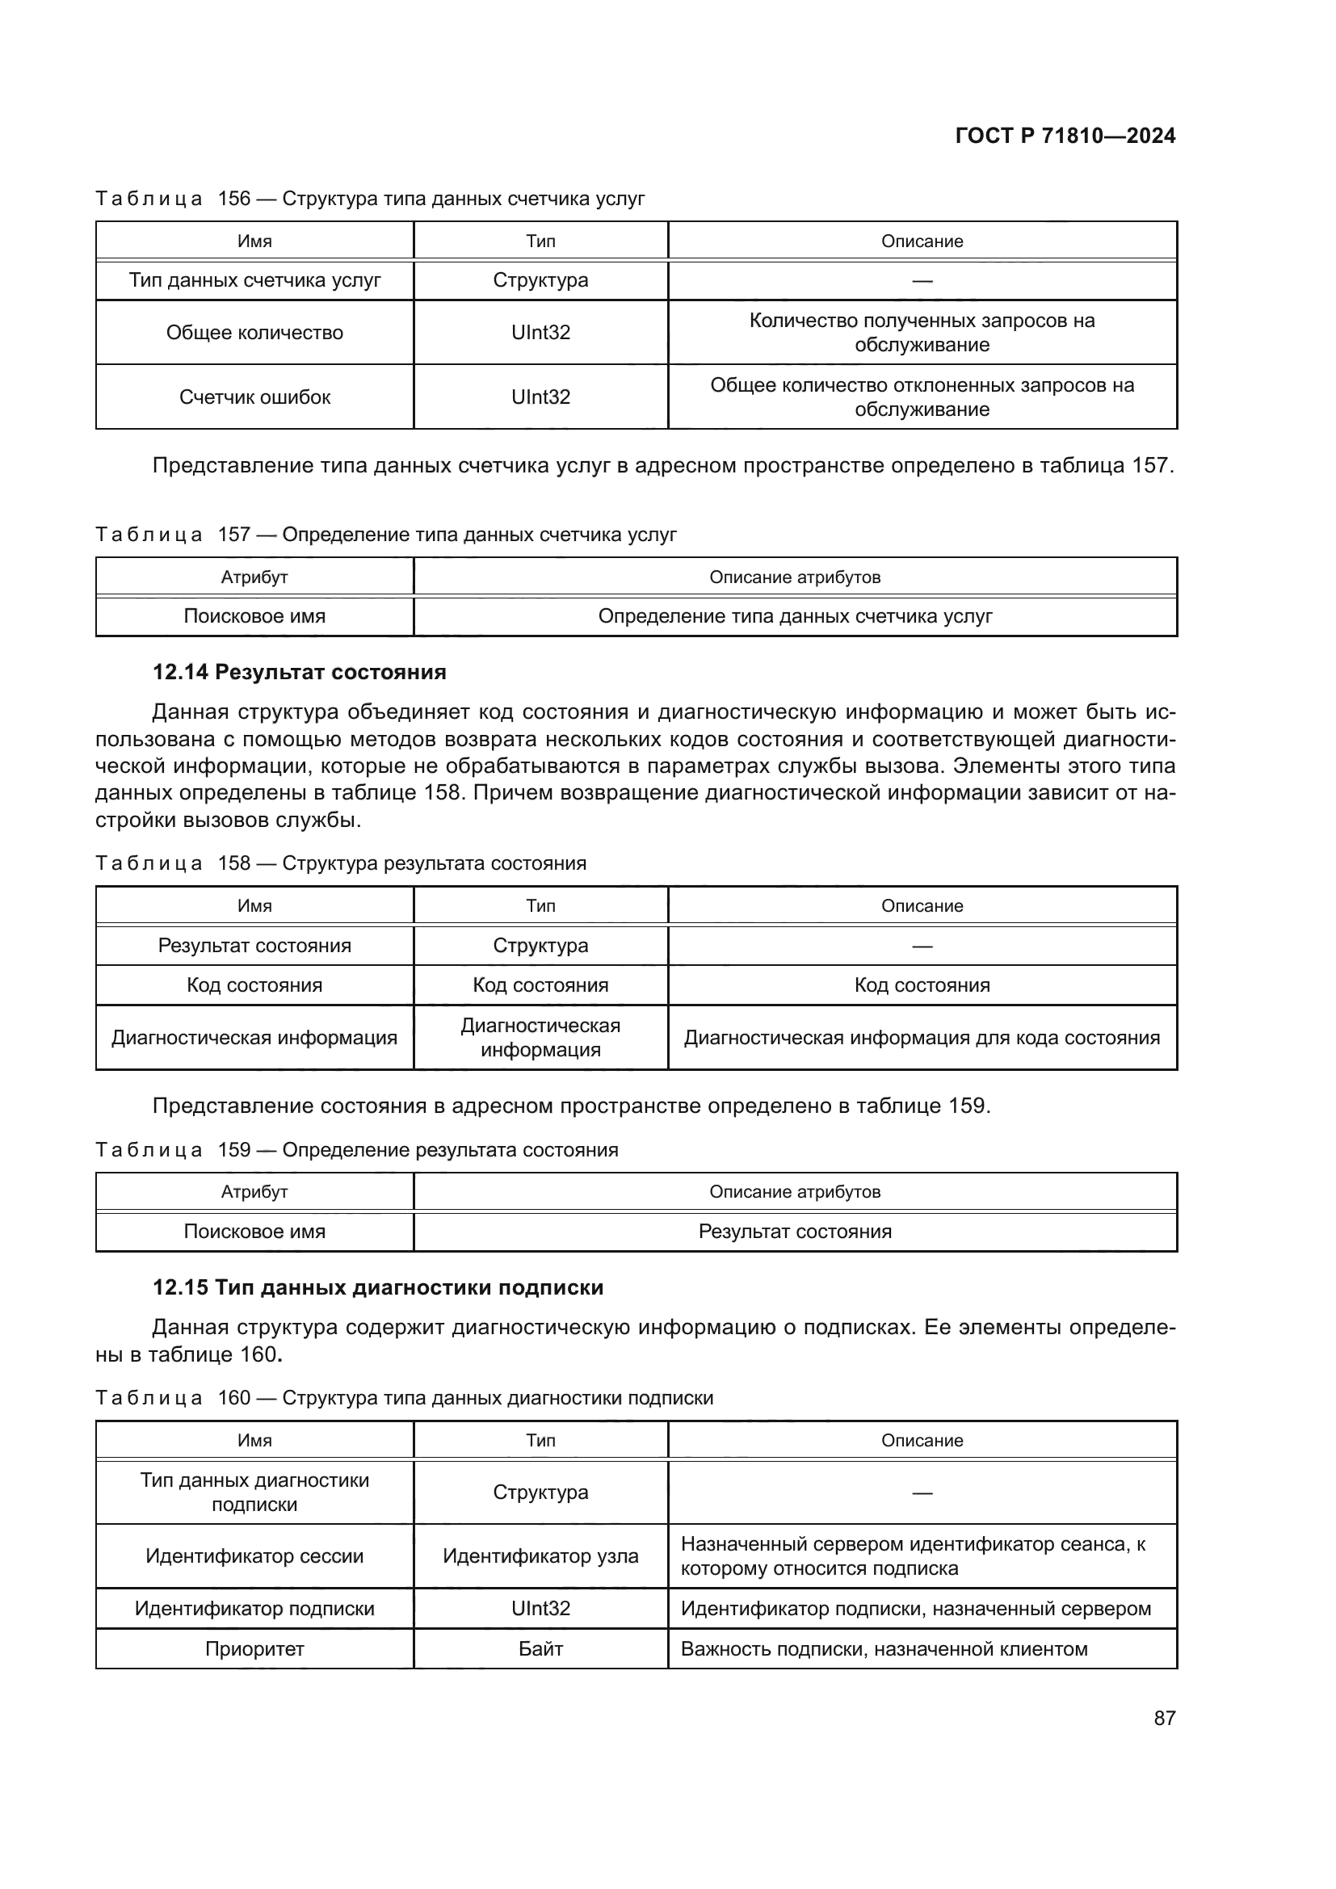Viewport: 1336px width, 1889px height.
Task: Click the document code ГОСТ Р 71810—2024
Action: click(1065, 136)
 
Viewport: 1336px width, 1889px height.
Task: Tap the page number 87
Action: click(1164, 1718)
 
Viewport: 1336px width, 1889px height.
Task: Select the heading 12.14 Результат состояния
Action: click(300, 672)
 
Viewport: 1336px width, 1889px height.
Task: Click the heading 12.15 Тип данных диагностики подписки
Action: click(377, 1287)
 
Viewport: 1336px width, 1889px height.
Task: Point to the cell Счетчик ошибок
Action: click(254, 397)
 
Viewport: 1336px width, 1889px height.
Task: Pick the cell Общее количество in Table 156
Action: click(254, 333)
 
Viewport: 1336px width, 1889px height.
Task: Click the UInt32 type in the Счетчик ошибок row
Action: click(540, 397)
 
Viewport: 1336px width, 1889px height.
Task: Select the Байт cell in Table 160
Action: click(540, 1649)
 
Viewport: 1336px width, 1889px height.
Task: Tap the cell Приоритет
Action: click(254, 1649)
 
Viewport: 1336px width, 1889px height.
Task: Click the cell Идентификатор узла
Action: click(540, 1555)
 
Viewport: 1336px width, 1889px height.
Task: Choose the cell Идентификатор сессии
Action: click(254, 1555)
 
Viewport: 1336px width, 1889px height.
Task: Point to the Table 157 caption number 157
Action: click(233, 535)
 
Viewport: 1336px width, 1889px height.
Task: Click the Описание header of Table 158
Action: click(922, 906)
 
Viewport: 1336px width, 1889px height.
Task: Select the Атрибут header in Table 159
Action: click(254, 1191)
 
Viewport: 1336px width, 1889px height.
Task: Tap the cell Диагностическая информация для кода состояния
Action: click(922, 1038)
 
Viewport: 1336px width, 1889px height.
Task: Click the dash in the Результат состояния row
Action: click(922, 947)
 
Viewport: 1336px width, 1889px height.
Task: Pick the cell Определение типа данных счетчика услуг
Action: click(795, 616)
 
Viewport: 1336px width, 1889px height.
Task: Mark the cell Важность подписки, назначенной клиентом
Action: click(884, 1649)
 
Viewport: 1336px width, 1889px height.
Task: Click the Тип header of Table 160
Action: click(540, 1440)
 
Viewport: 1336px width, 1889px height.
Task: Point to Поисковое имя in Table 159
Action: click(254, 1232)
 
